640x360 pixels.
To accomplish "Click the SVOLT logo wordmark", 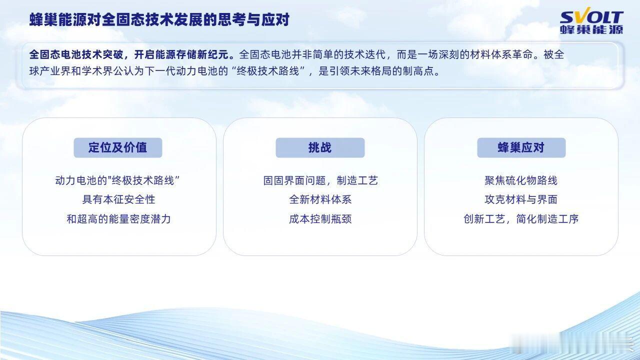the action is (x=591, y=17).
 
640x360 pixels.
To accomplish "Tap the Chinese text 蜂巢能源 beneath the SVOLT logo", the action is (x=591, y=29).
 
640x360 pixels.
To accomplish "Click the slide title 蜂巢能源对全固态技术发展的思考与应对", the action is (x=159, y=19).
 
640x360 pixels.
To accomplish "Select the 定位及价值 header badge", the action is (x=117, y=147).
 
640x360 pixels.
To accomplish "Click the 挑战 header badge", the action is (x=320, y=147).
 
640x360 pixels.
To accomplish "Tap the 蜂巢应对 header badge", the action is (x=521, y=147).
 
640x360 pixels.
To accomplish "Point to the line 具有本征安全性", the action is (x=118, y=199).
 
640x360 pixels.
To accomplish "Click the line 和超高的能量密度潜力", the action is (x=118, y=219).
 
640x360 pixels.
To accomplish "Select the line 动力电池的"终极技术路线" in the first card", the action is (x=117, y=180).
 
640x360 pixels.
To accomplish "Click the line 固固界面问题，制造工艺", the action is (x=320, y=180).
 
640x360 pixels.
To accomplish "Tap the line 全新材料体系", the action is (x=320, y=199).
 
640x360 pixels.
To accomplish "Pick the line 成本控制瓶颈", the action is (x=320, y=219).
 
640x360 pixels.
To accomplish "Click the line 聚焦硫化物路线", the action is (x=521, y=180).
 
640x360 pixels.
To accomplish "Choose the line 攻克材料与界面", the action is (x=521, y=199).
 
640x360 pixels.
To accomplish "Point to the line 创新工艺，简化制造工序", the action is (x=521, y=219).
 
